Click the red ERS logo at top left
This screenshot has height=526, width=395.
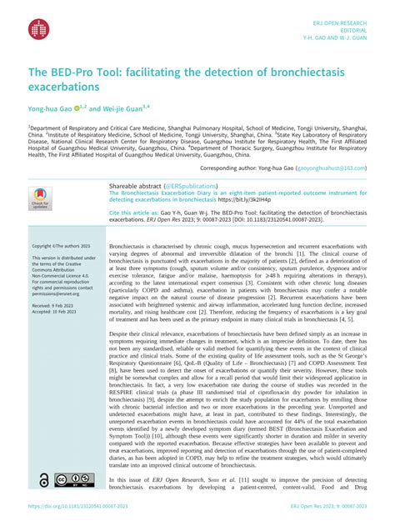point(39,28)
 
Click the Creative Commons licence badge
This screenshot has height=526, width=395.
point(74,480)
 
